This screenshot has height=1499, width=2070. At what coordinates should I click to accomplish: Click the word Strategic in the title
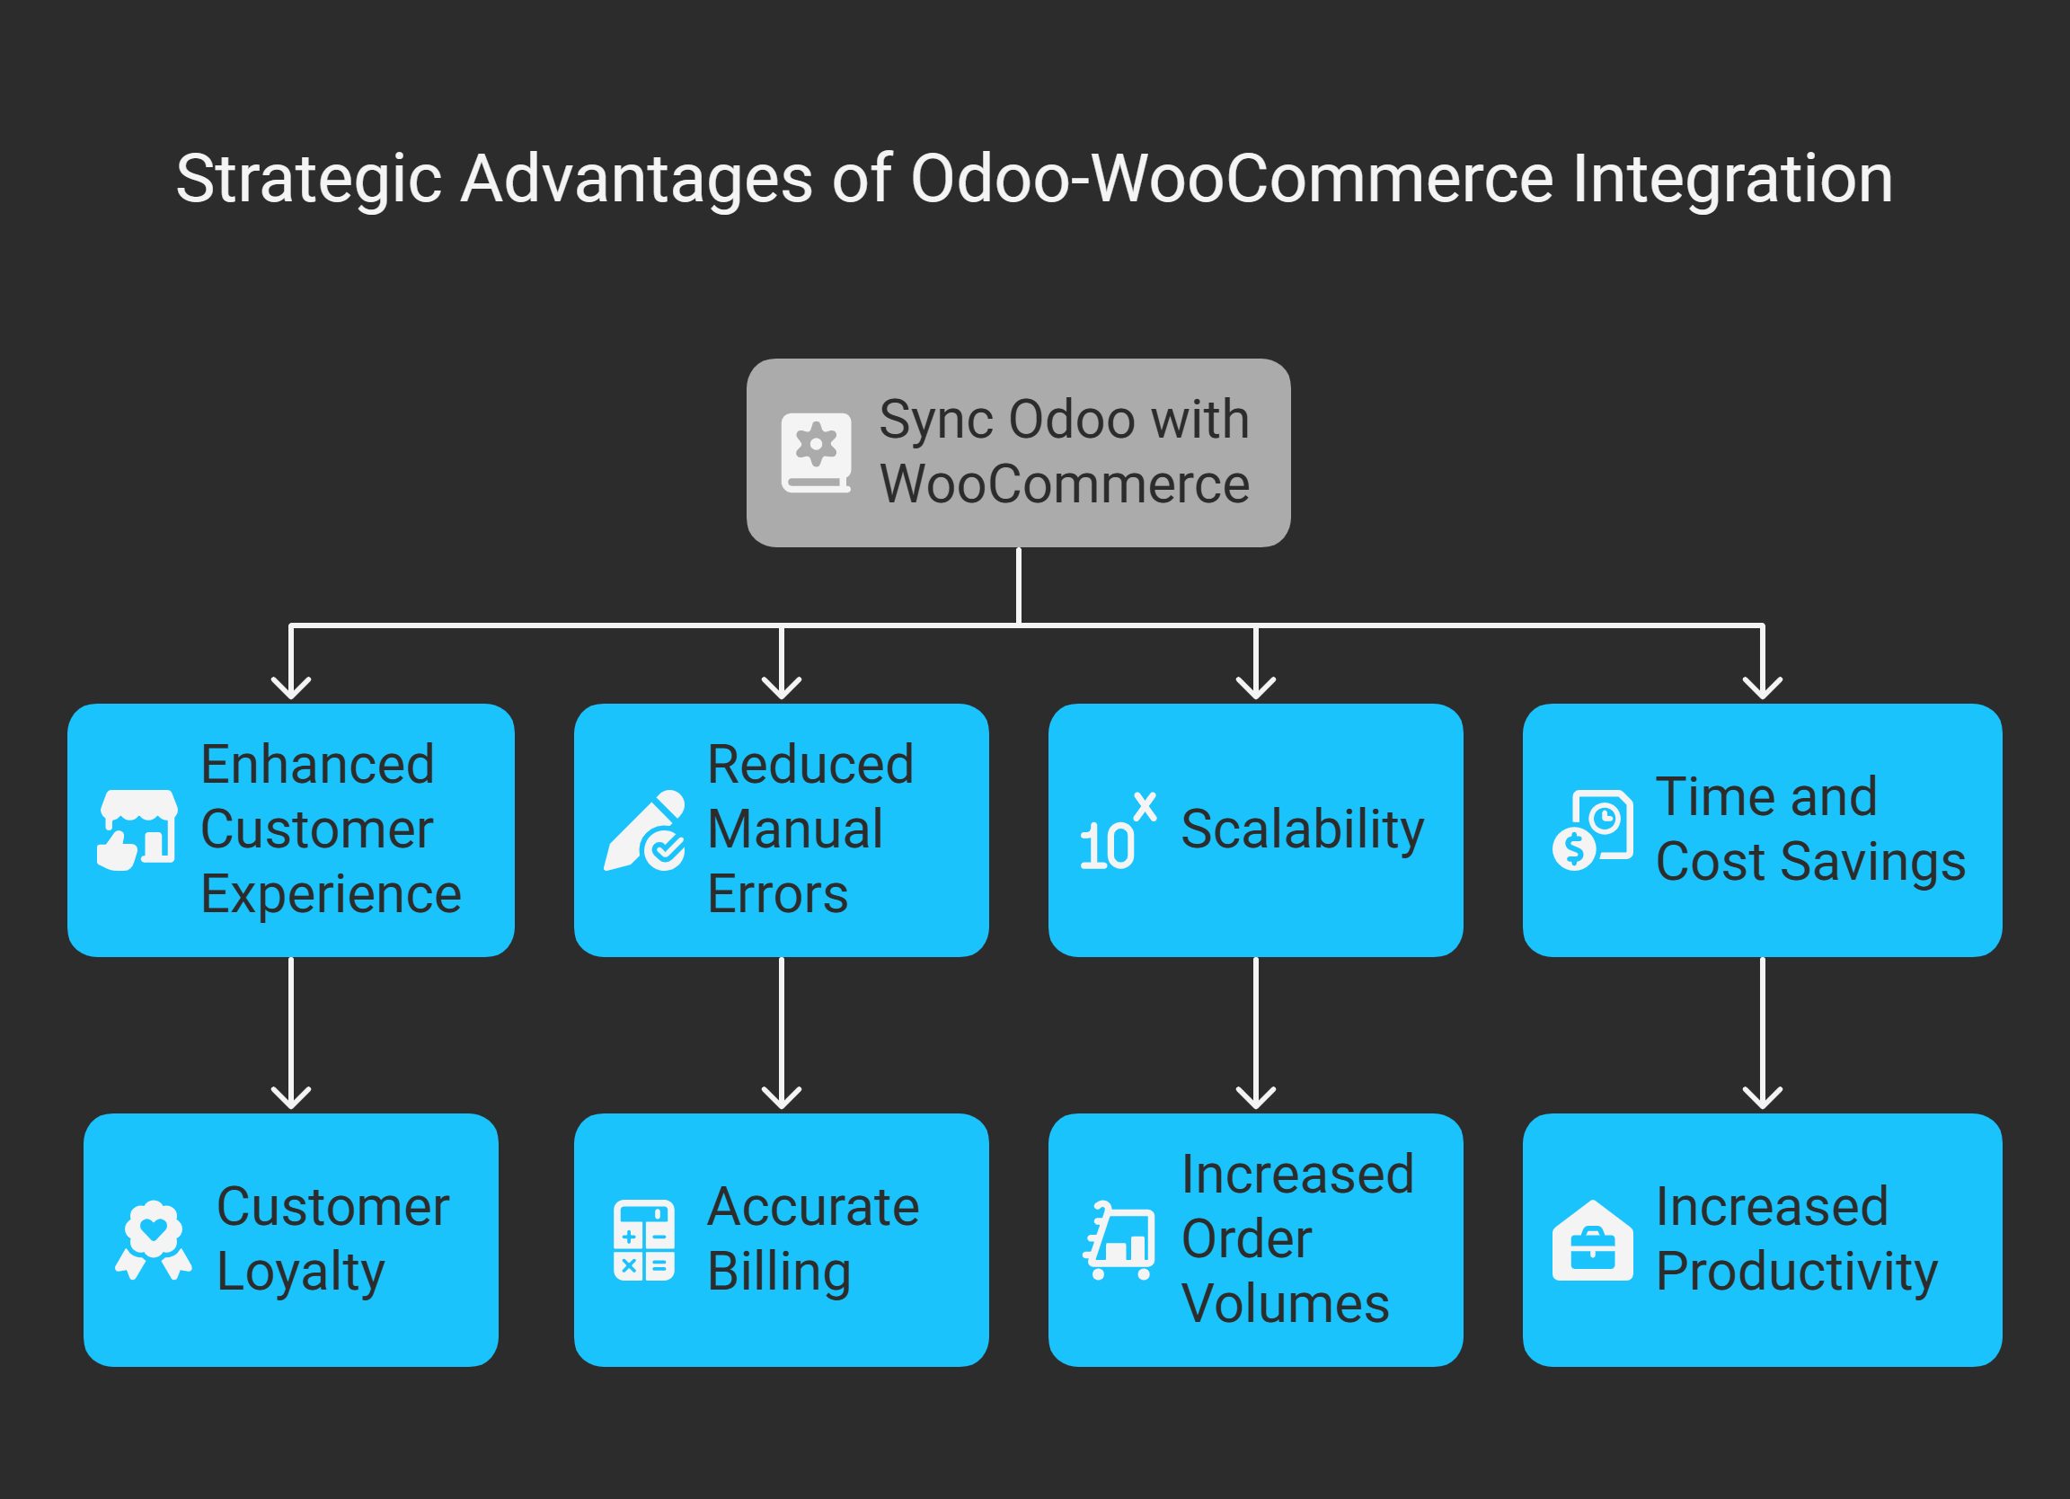coord(307,179)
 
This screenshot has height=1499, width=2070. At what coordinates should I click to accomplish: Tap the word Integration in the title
coord(1731,179)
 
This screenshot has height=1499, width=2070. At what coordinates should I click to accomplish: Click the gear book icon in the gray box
coord(815,453)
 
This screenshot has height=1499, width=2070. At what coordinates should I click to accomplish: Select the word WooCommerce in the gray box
coord(1065,483)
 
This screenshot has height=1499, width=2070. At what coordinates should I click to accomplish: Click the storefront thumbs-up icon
coord(137,829)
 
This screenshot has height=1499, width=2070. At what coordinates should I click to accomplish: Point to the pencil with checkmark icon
coord(645,829)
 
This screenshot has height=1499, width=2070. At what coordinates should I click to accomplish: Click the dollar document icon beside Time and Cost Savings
coord(1593,829)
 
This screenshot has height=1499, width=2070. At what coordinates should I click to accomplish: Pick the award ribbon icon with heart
coord(154,1240)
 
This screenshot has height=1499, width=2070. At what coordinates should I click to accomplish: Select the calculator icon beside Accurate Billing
coord(643,1240)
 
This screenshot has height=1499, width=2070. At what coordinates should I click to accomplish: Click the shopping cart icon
coord(1119,1240)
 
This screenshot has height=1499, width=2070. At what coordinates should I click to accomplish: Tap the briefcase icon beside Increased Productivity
coord(1593,1240)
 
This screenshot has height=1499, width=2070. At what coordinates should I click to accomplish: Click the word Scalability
coord(1302,829)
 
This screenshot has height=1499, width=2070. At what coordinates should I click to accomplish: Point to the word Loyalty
coord(300,1273)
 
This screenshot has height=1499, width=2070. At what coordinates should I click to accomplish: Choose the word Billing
coord(779,1273)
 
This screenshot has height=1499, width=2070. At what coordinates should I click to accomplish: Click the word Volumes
coord(1284,1304)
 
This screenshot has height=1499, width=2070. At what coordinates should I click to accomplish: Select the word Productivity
coord(1796,1273)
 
